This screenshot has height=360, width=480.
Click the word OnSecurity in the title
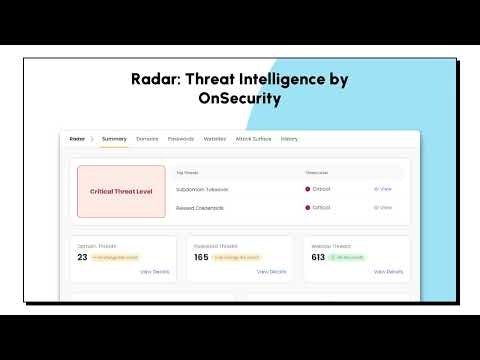[240, 100]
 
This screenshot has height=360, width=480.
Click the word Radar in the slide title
[156, 79]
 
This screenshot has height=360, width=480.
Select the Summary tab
[114, 138]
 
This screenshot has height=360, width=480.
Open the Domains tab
[147, 138]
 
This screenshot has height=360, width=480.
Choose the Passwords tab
[181, 138]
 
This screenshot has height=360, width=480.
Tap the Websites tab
[215, 138]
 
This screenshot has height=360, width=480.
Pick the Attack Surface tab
[254, 138]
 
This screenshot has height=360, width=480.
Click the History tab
[289, 138]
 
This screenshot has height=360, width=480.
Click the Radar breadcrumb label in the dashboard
[76, 138]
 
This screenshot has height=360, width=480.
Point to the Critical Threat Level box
[122, 191]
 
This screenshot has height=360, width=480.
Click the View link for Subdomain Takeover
[383, 188]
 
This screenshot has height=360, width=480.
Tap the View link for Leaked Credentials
[383, 207]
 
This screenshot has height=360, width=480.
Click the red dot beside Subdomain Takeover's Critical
[307, 188]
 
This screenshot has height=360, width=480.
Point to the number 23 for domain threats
[82, 257]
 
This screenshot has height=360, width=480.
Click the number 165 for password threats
[201, 257]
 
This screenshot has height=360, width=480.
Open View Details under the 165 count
[272, 271]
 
